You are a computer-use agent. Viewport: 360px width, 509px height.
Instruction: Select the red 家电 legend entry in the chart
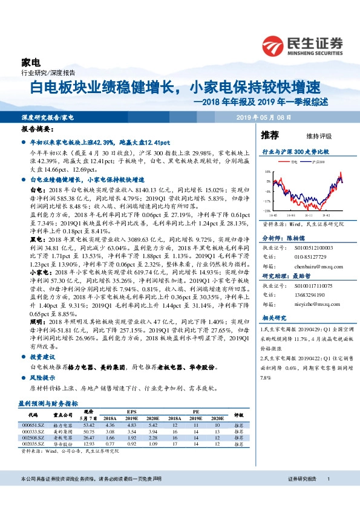(x=293, y=163)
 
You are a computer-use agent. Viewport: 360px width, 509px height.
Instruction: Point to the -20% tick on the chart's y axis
(x=267, y=210)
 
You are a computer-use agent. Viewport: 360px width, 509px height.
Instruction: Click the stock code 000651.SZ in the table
(x=33, y=424)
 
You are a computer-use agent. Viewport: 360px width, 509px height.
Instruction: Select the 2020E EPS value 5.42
(x=152, y=424)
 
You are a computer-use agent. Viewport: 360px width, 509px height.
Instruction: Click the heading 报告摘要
(x=34, y=129)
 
